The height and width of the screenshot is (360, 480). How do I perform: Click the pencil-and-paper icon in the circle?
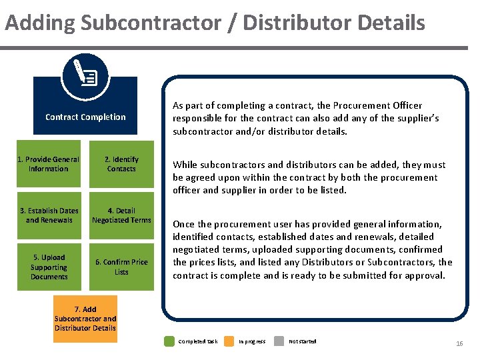tap(85, 75)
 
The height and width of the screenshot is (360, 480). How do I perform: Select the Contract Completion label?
tap(85, 117)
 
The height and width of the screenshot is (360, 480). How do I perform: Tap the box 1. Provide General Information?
tap(48, 164)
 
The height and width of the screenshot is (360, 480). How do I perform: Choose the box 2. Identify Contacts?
tap(121, 164)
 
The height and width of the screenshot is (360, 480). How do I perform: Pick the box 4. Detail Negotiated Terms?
tap(121, 215)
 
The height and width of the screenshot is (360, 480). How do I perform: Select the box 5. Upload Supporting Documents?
tap(49, 267)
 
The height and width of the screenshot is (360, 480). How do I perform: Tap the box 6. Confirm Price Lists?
tap(121, 267)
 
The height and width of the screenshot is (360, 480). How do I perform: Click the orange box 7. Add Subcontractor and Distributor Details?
tap(85, 319)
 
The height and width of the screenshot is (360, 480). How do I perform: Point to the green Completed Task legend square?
tap(170, 341)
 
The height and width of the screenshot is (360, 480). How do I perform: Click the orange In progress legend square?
tap(229, 341)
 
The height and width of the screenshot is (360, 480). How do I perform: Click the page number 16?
tap(459, 343)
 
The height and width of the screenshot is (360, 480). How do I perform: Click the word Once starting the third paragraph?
tap(184, 224)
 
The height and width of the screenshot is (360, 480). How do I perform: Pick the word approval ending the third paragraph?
tap(424, 275)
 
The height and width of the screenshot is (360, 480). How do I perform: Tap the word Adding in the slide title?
tap(40, 23)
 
